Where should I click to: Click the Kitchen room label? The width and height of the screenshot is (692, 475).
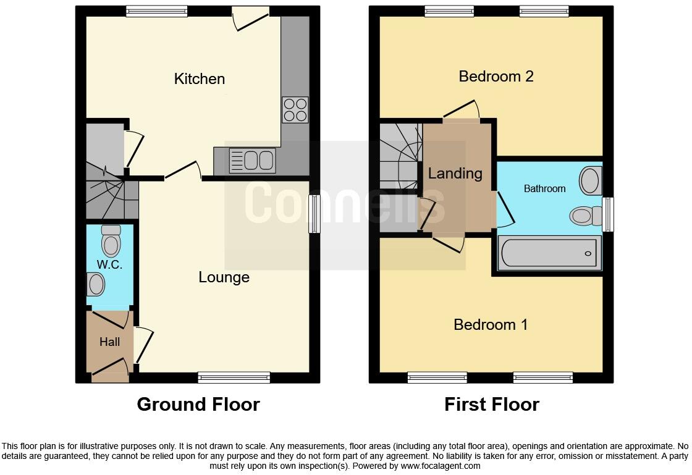pos(199,79)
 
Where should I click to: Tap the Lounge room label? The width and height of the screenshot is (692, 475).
pos(224,277)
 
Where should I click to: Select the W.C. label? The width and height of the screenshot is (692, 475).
pos(109,265)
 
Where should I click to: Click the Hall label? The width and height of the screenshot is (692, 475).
pos(109,341)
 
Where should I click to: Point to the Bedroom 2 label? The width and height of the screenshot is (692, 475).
pos(496,77)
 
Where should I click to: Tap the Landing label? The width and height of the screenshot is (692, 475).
pos(455,174)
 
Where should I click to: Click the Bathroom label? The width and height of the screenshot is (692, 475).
pos(544,188)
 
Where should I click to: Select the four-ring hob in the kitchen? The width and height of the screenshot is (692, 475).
pos(295,110)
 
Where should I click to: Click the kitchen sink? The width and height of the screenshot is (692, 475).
pos(251,161)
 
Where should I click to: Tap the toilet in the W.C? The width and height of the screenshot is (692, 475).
pos(111,241)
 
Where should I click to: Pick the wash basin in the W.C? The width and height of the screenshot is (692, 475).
pos(96,285)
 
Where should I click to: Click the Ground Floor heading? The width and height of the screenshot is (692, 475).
pos(198,405)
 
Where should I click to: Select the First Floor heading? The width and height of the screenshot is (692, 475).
pos(491,405)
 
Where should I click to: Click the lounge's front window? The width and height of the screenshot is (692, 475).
pos(234,377)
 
